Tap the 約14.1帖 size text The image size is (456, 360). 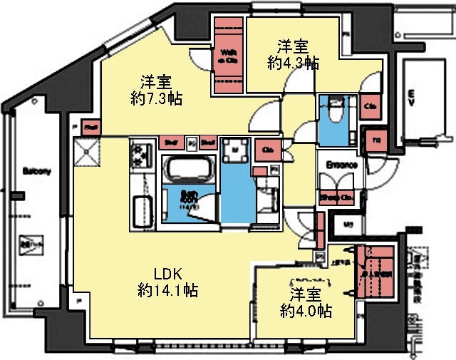point(167,290)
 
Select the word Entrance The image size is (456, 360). point(341,164)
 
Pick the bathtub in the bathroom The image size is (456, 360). point(188,170)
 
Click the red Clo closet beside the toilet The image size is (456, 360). point(370,107)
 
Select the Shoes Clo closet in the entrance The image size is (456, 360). point(336,197)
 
